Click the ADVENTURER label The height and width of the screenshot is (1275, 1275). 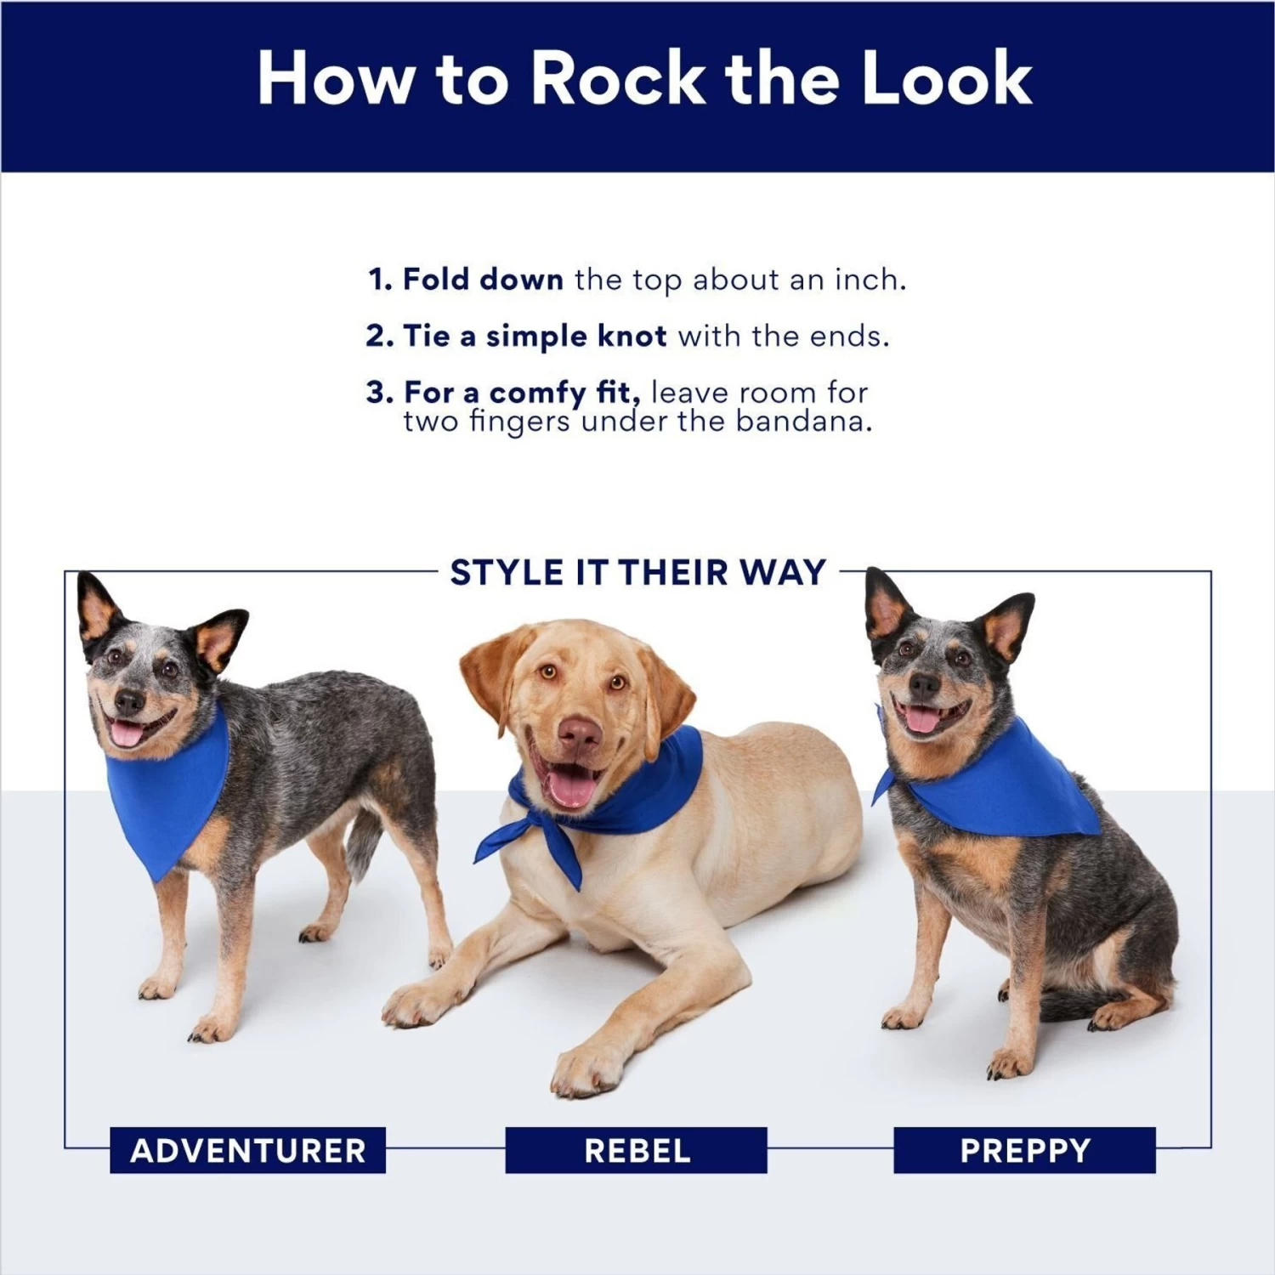tap(247, 1150)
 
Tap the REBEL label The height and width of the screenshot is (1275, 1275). tap(636, 1150)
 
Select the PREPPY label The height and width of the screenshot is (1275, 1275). tap(1024, 1150)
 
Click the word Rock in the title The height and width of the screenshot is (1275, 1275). tap(618, 78)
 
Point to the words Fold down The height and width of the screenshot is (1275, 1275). tap(482, 280)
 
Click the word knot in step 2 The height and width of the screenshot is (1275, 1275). tap(632, 337)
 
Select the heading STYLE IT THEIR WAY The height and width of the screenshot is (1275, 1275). tap(637, 572)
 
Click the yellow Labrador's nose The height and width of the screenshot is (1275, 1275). tap(580, 733)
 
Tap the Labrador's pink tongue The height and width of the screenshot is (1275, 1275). tap(569, 787)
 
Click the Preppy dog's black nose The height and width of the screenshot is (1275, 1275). tap(924, 684)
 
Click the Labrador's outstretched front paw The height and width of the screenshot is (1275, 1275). tap(586, 1069)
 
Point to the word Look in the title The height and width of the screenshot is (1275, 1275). tap(946, 78)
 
